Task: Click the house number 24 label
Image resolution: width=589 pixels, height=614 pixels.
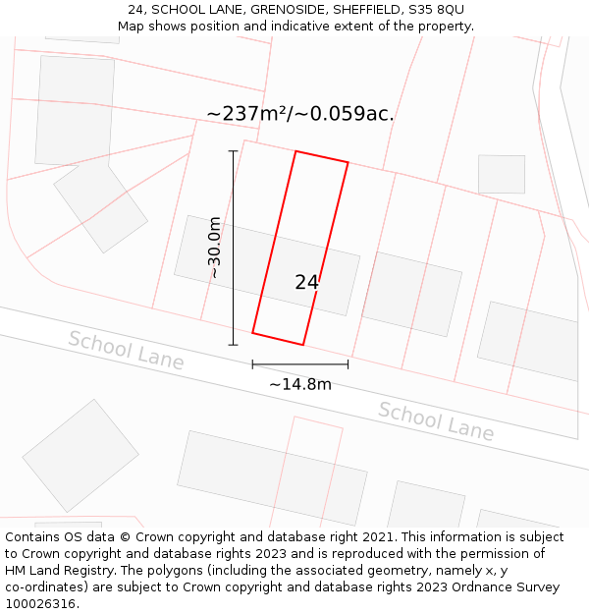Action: pos(306,282)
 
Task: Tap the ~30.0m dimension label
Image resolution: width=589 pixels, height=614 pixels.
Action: pos(214,248)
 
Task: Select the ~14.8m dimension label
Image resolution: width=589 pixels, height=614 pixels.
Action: pos(300,384)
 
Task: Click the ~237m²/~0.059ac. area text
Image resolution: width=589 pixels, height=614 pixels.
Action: pos(300,114)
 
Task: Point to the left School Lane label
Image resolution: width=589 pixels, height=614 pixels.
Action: pos(126,351)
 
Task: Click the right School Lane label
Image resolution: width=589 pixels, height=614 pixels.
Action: pos(436,421)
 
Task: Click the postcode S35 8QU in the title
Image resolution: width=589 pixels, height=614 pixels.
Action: pos(437,10)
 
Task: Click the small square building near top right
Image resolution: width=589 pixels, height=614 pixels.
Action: pos(502,174)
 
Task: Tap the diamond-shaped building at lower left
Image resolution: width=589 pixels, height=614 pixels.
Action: pos(80,455)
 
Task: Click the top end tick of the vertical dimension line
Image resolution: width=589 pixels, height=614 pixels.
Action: pos(233,151)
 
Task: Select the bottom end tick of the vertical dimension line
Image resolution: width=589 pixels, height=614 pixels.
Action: pos(233,345)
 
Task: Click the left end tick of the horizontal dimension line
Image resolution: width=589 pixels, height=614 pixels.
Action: pos(252,364)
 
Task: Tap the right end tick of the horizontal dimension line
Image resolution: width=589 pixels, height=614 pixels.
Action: pos(348,364)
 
